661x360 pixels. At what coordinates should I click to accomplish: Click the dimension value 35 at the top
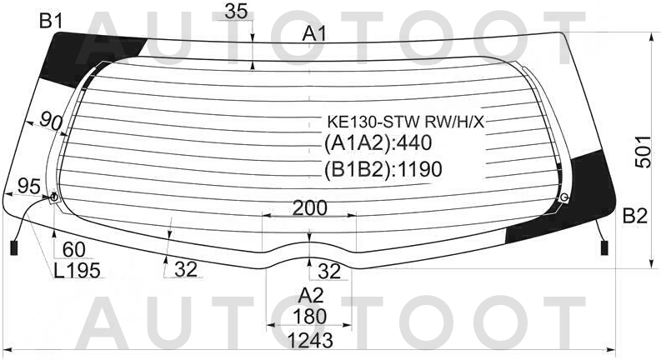pyautogui.click(x=236, y=12)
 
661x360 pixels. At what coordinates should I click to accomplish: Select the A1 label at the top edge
pyautogui.click(x=314, y=34)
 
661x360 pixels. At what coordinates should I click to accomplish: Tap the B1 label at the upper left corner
pyautogui.click(x=51, y=21)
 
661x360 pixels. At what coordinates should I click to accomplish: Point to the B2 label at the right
pyautogui.click(x=635, y=217)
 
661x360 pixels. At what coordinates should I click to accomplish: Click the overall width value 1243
pyautogui.click(x=310, y=340)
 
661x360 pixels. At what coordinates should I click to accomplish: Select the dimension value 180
pyautogui.click(x=310, y=316)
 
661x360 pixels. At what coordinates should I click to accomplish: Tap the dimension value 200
pyautogui.click(x=309, y=207)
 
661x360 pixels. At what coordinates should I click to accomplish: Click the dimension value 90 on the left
pyautogui.click(x=51, y=122)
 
